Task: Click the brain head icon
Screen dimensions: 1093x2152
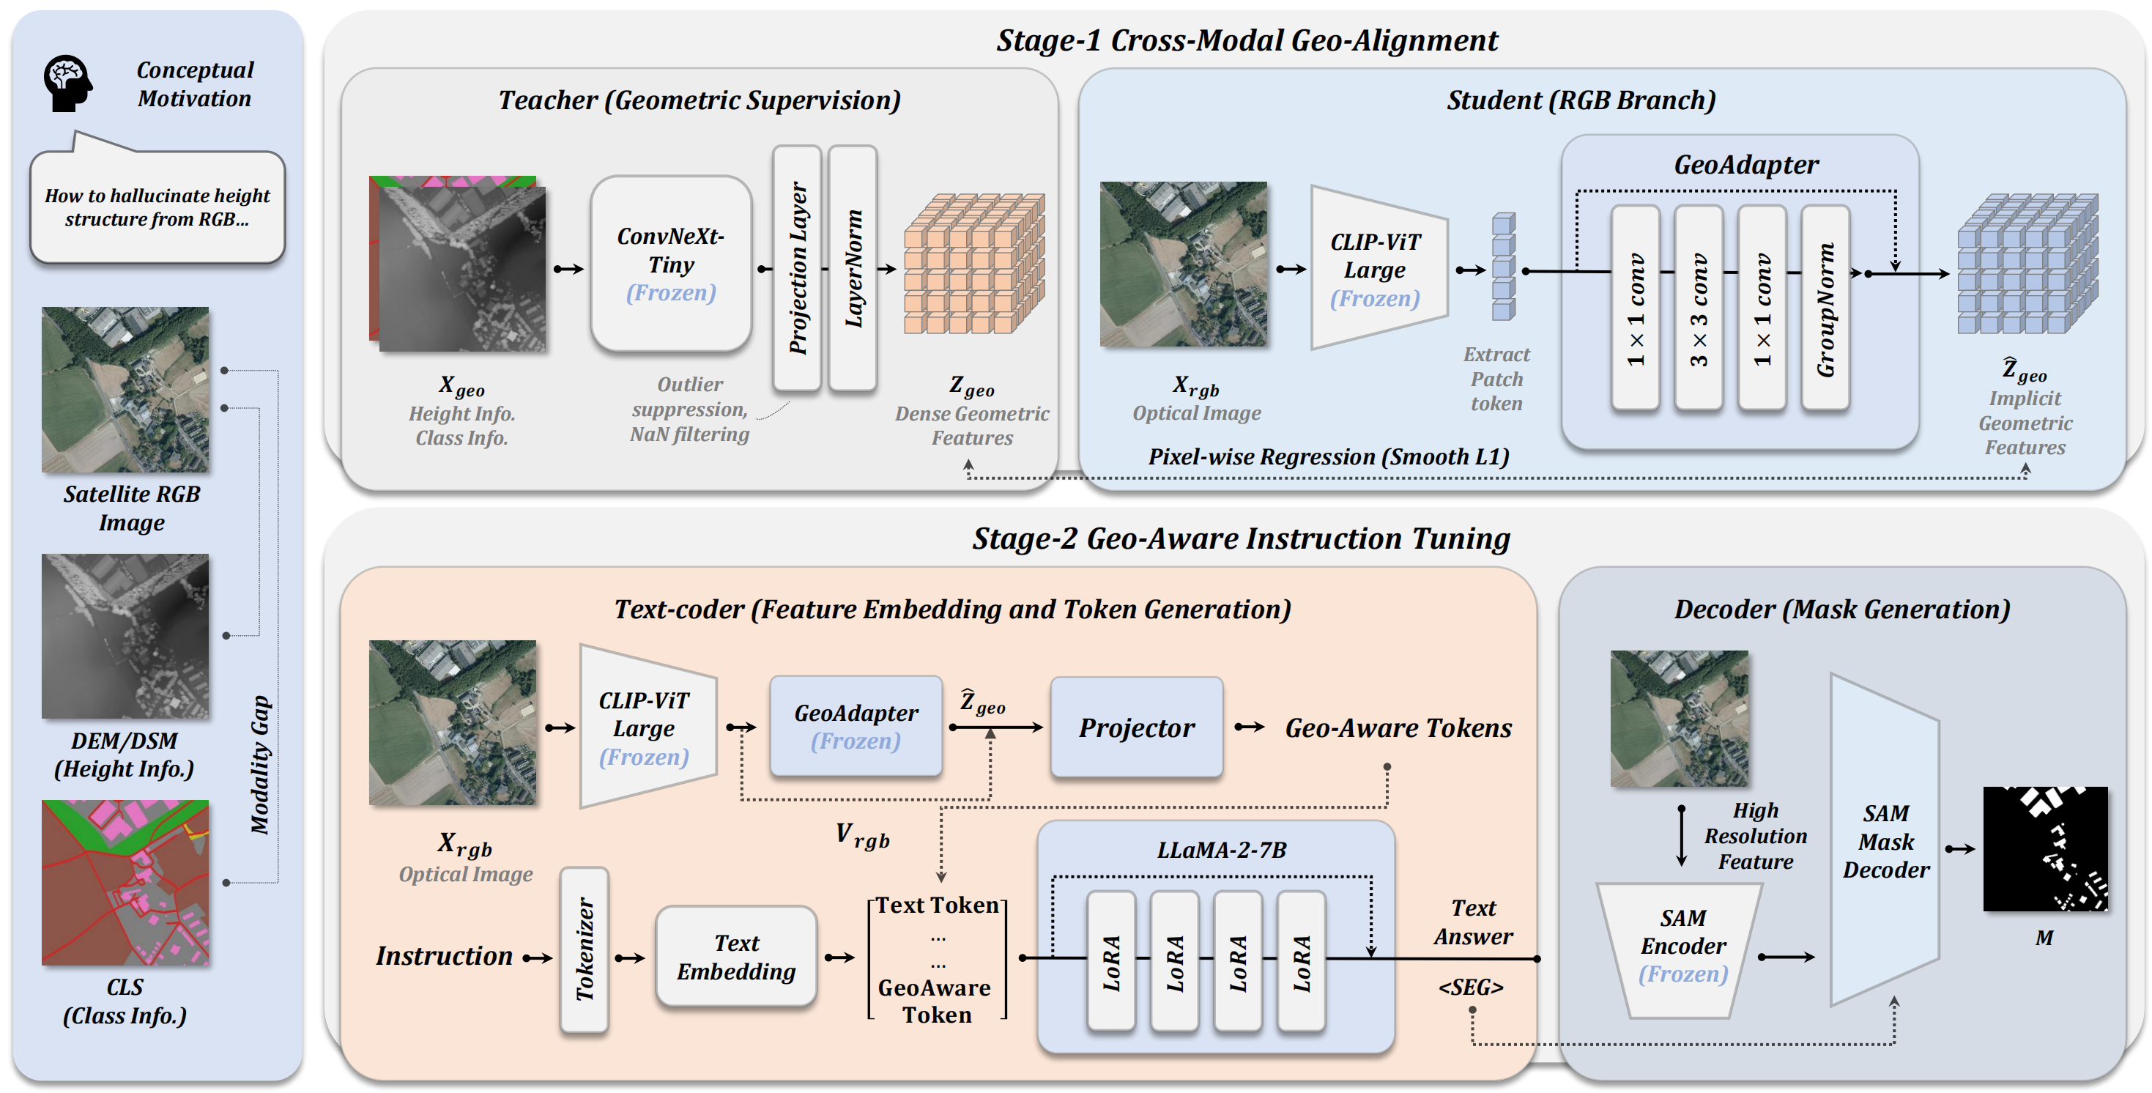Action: pyautogui.click(x=67, y=84)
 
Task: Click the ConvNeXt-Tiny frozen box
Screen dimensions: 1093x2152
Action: pyautogui.click(x=671, y=264)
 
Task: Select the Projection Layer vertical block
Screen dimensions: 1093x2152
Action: pyautogui.click(x=797, y=268)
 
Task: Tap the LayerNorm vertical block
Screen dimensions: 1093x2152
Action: pyautogui.click(x=853, y=268)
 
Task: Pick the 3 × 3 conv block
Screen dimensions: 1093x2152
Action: pyautogui.click(x=1699, y=308)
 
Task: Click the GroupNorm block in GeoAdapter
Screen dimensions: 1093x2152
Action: pyautogui.click(x=1825, y=308)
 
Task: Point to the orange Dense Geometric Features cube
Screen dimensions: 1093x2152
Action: pyautogui.click(x=973, y=264)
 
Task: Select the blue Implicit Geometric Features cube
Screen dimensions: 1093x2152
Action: pyautogui.click(x=2027, y=264)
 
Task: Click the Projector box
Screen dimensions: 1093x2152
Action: pyautogui.click(x=1136, y=727)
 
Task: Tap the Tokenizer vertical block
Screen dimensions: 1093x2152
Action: pyautogui.click(x=584, y=949)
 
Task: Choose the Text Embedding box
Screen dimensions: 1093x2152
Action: pyautogui.click(x=736, y=957)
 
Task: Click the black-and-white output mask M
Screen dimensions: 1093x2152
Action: pyautogui.click(x=2044, y=848)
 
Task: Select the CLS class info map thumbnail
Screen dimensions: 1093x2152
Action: pyautogui.click(x=125, y=883)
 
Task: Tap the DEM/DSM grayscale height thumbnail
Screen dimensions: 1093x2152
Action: pyautogui.click(x=125, y=636)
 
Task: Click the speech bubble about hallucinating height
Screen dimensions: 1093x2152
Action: pyautogui.click(x=157, y=207)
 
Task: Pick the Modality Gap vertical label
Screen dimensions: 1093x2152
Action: pyautogui.click(x=261, y=764)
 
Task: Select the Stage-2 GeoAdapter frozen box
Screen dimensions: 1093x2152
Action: pyautogui.click(x=856, y=726)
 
